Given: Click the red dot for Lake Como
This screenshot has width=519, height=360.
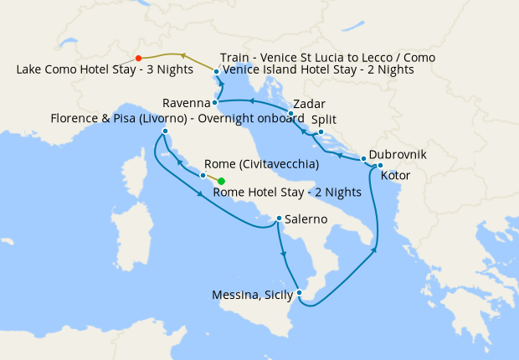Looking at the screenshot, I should click(138, 59).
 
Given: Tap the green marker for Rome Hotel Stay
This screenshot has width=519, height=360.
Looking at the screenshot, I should click(221, 181).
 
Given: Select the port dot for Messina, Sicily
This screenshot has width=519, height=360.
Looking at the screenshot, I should click(299, 292).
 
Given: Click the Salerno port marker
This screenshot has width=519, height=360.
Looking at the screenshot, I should click(279, 219).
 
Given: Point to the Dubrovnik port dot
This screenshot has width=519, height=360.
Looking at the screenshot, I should click(362, 158).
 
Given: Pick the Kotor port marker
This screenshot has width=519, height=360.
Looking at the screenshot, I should click(380, 165).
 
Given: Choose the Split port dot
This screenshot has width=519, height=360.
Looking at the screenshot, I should click(321, 131).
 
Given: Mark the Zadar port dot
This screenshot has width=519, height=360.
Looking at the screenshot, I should click(290, 113).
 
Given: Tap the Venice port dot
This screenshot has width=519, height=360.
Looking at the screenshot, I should click(216, 72).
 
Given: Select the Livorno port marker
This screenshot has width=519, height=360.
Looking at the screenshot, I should click(166, 131).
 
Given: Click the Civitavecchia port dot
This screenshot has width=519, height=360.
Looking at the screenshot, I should click(203, 175).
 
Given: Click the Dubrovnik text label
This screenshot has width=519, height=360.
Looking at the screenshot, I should click(398, 155).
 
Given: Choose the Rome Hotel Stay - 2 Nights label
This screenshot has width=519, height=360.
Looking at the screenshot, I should click(287, 192).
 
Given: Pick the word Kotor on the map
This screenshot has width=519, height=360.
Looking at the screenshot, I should click(395, 175).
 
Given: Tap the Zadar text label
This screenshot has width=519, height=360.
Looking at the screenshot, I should click(309, 104).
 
